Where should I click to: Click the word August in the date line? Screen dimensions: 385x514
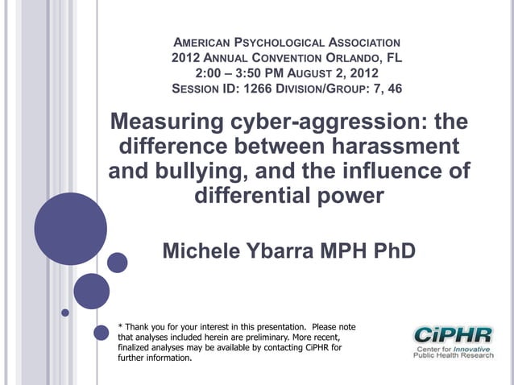click(319, 73)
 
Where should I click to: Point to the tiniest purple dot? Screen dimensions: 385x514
click(66, 312)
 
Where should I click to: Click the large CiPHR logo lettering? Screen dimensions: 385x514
click(450, 334)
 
